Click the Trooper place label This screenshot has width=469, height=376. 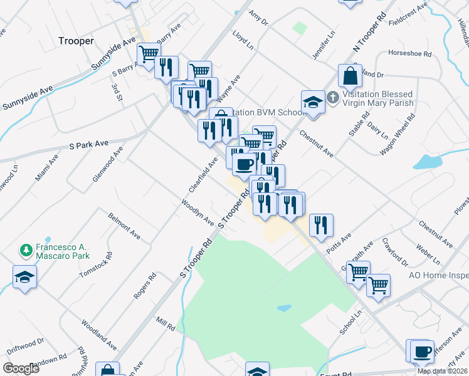[x=76, y=41]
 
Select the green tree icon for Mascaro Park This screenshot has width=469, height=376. [x=26, y=251]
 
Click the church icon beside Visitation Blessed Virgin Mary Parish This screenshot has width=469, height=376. [x=333, y=98]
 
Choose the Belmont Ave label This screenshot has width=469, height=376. [x=124, y=226]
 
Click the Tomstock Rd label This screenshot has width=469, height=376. [x=96, y=265]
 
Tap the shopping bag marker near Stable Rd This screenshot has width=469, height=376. [x=350, y=76]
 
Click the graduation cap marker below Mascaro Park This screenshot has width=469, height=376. [x=25, y=277]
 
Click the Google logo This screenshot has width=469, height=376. [x=21, y=368]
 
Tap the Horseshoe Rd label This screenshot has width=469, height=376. [x=410, y=54]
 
